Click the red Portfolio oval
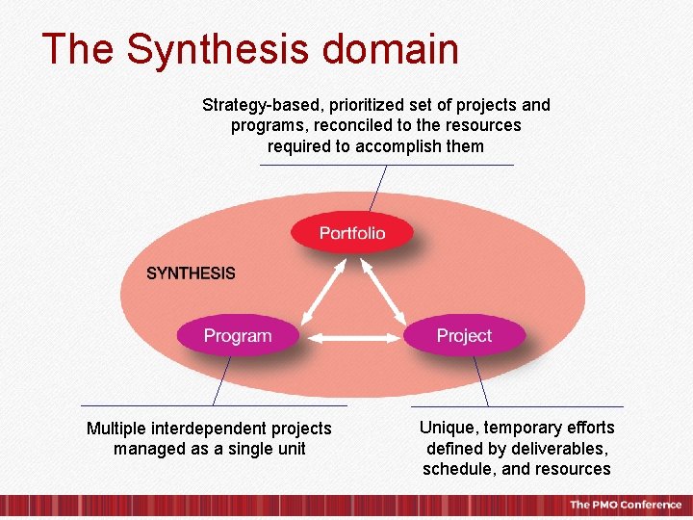(352, 233)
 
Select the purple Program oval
(238, 336)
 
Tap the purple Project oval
(464, 336)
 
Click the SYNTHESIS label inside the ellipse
(191, 273)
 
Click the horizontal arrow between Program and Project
(353, 338)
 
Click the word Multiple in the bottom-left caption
(115, 429)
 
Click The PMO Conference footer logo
(625, 505)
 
